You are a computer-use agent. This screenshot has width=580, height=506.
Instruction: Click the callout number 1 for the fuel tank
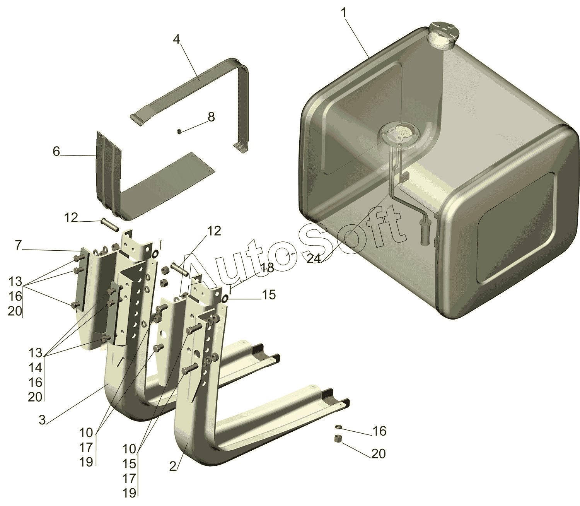pos(344,13)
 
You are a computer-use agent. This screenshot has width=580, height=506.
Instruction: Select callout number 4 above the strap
pos(176,39)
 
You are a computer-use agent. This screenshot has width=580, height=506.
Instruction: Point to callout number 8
pos(211,117)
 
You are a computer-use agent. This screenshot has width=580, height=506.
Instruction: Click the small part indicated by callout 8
pos(179,132)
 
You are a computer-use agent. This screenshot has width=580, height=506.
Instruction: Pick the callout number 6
pos(56,152)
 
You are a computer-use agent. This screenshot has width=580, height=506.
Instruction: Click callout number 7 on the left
pos(18,245)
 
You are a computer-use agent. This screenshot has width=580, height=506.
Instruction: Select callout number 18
pos(267,268)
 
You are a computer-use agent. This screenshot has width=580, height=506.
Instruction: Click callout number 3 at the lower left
pos(43,419)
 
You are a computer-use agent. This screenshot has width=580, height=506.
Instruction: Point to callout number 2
pos(173,467)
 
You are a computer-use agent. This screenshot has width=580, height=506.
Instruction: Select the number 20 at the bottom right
pos(379,454)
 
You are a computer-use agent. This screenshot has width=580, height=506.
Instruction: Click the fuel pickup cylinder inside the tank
pos(426,232)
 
